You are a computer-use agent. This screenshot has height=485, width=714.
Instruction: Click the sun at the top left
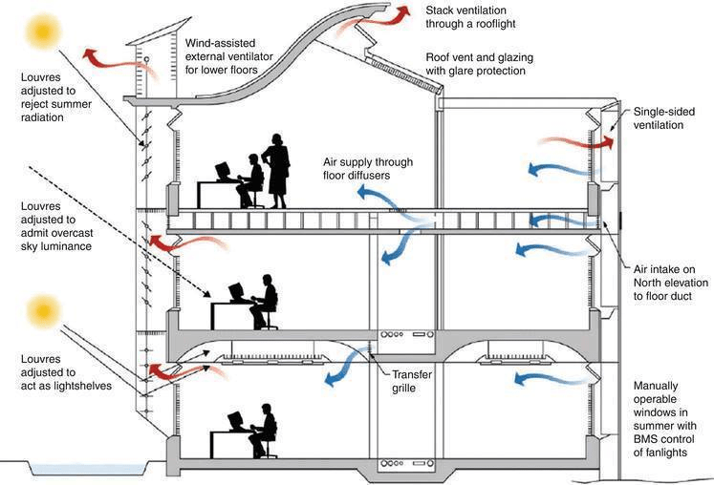click(x=43, y=32)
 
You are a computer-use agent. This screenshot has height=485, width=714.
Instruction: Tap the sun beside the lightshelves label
click(x=43, y=312)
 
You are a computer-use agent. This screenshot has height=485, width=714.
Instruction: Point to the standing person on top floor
click(x=278, y=170)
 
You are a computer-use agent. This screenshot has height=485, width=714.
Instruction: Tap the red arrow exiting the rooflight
click(x=388, y=13)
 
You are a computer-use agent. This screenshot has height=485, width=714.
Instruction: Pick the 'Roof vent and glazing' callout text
click(x=479, y=64)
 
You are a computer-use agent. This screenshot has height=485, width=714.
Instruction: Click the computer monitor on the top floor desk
click(x=223, y=173)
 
